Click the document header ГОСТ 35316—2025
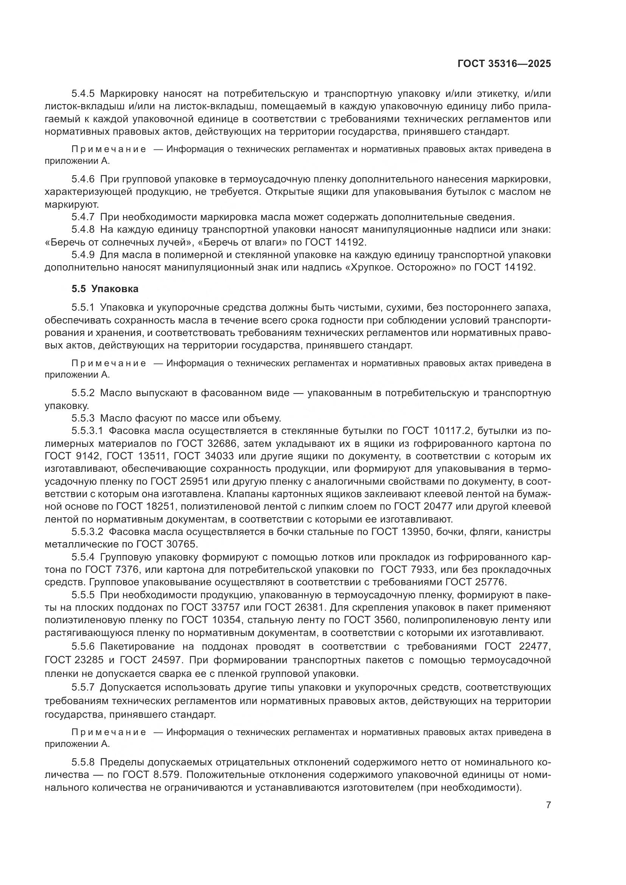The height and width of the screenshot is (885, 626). (x=504, y=64)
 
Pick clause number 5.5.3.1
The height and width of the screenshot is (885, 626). (x=87, y=431)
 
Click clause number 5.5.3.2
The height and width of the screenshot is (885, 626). (x=87, y=532)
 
